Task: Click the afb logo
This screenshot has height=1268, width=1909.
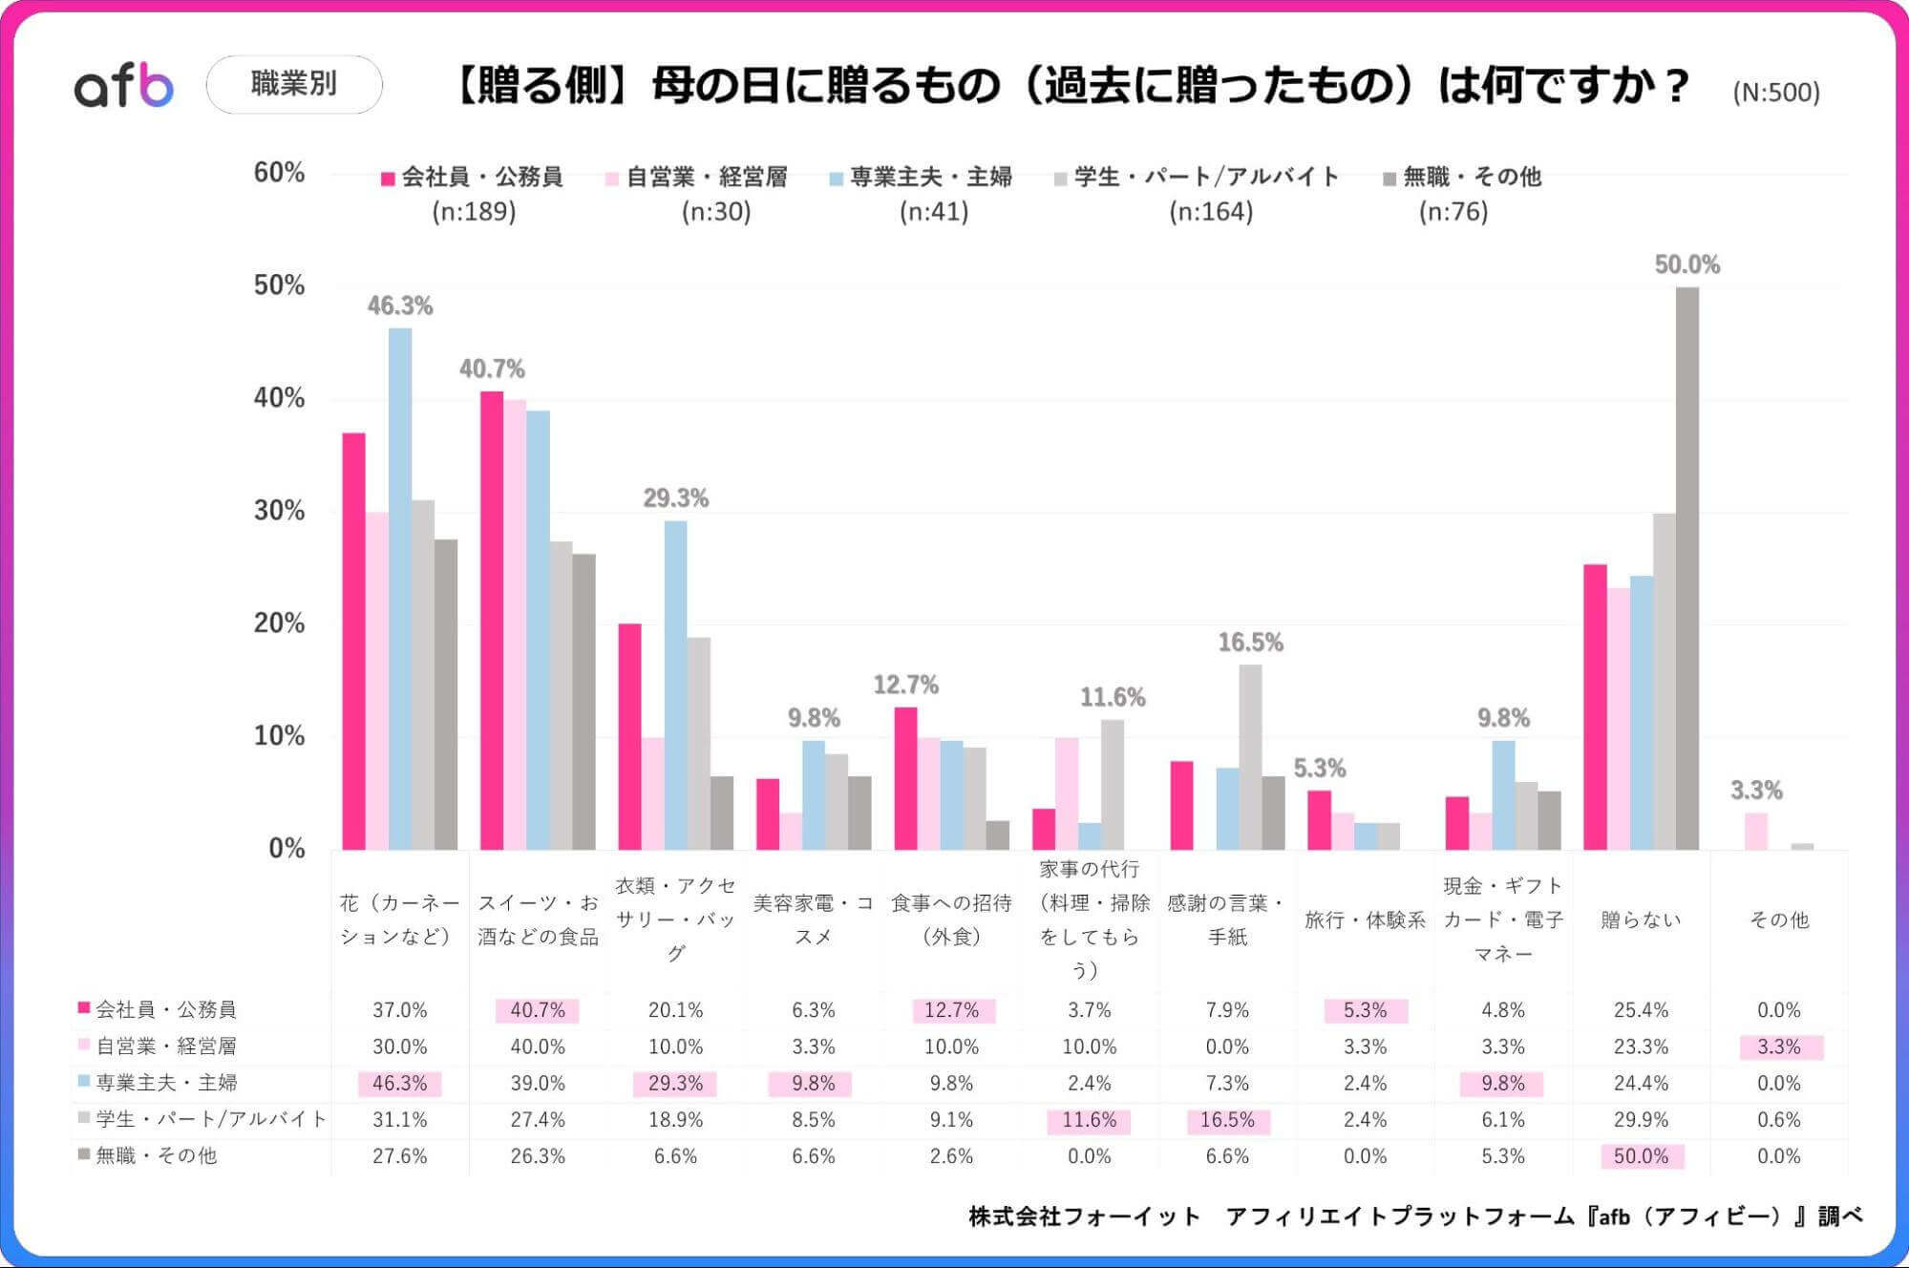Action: pyautogui.click(x=124, y=86)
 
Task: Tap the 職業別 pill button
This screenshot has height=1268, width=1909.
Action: pyautogui.click(x=294, y=84)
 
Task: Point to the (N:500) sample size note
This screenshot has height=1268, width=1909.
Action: pyautogui.click(x=1775, y=93)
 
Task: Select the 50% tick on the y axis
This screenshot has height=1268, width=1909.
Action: pyautogui.click(x=279, y=285)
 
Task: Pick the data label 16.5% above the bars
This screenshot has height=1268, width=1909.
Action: pyautogui.click(x=1250, y=643)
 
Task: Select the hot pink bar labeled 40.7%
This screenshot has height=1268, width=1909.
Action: pyautogui.click(x=492, y=621)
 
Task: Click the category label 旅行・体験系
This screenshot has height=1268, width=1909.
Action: pyautogui.click(x=1365, y=919)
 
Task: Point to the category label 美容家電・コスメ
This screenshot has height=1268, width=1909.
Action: pyautogui.click(x=814, y=919)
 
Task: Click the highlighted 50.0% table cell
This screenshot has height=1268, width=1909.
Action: pyautogui.click(x=1641, y=1156)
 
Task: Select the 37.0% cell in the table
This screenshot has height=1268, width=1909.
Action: pyautogui.click(x=399, y=1010)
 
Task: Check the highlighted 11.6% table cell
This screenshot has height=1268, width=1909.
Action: pyautogui.click(x=1089, y=1120)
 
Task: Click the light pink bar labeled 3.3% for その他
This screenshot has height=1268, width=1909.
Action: pyautogui.click(x=1755, y=831)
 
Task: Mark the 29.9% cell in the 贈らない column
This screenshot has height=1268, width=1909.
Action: pyautogui.click(x=1641, y=1120)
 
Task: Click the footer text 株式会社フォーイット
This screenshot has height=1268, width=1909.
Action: pyautogui.click(x=1083, y=1216)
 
